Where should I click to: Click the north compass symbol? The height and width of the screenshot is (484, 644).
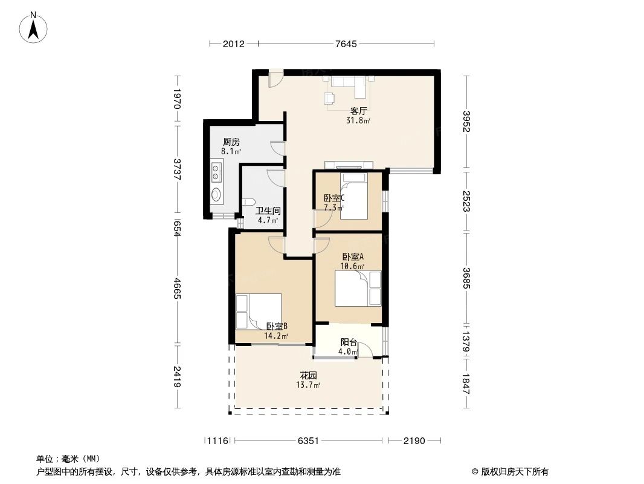tap(34, 28)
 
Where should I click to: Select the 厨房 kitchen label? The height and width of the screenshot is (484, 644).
tap(231, 142)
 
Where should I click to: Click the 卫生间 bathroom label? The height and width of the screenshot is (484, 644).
tap(267, 211)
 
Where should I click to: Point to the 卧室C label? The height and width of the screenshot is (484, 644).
tap(333, 198)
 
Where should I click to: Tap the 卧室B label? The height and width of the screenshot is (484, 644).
tap(276, 326)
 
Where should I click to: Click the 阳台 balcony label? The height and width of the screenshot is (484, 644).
tap(348, 342)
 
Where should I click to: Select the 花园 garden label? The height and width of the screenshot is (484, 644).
tap(308, 375)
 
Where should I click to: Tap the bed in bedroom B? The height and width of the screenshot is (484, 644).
tap(259, 310)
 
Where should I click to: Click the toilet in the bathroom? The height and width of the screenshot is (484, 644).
tap(248, 203)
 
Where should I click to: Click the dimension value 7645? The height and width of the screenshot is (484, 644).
tap(346, 44)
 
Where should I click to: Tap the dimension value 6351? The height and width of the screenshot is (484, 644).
tap(308, 441)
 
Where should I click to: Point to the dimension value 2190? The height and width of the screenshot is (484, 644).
tap(414, 441)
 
